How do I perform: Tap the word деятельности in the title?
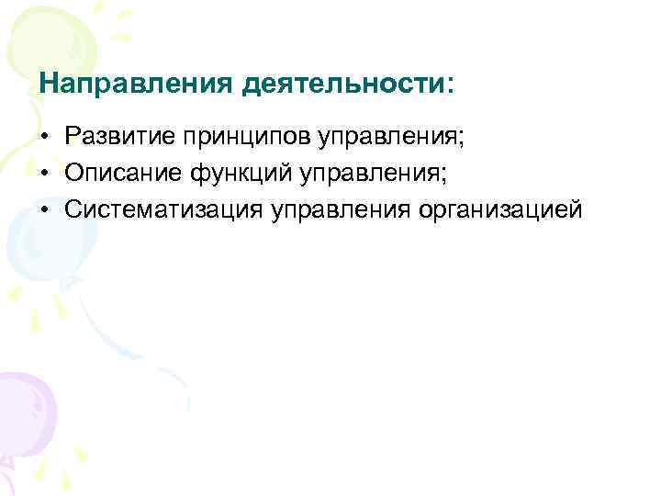pos(342,85)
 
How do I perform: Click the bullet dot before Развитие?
pos(45,138)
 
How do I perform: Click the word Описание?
pos(125,173)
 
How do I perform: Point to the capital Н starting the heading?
pos(50,84)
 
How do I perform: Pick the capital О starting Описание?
pos(75,173)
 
